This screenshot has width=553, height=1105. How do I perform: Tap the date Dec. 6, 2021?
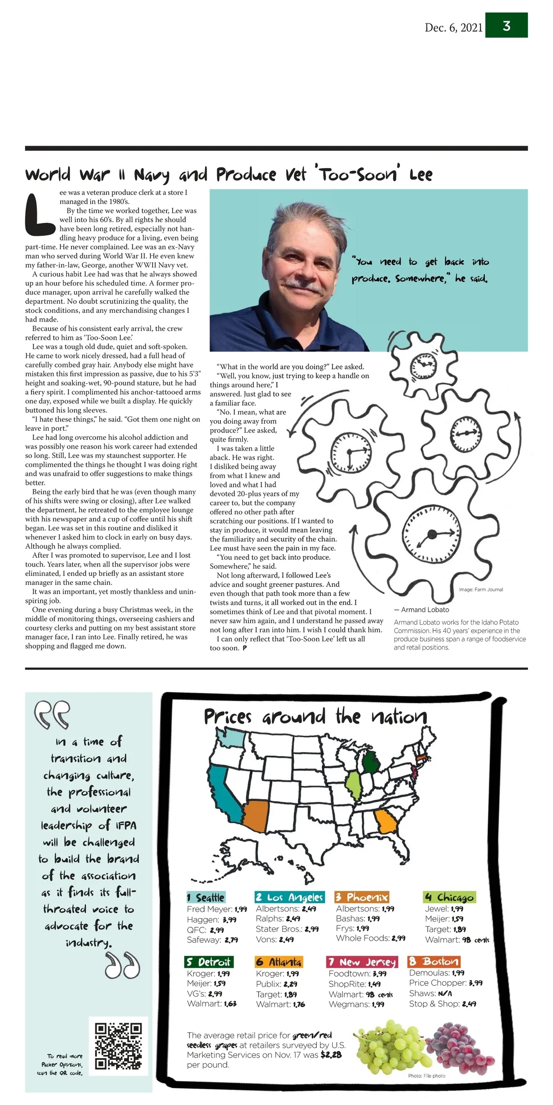point(453,28)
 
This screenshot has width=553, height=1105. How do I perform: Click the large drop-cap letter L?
point(39,215)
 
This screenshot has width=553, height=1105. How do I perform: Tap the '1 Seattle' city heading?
point(206,897)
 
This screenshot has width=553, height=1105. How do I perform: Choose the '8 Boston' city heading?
point(434,961)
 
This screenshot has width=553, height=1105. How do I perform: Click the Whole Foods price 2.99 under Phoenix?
point(399,938)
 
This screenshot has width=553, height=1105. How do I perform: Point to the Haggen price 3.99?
point(229,919)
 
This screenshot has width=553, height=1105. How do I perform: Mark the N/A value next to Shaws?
point(445,994)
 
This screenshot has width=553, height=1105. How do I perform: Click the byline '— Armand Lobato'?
point(421,609)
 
